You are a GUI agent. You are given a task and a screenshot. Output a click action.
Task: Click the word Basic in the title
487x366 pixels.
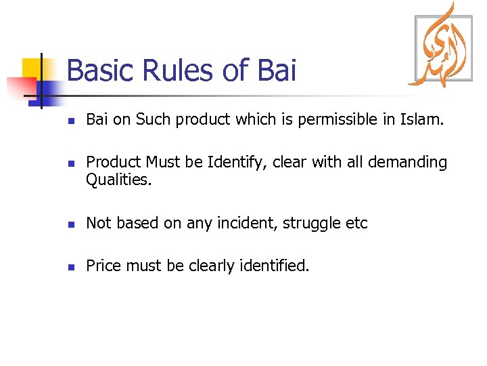point(101,70)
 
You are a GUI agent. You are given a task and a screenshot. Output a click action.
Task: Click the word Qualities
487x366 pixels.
point(117,180)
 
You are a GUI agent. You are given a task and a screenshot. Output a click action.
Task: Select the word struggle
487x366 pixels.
point(310,224)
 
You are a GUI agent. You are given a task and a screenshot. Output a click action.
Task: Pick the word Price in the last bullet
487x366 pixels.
point(103,266)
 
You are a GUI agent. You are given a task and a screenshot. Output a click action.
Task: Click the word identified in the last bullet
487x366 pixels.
point(273,266)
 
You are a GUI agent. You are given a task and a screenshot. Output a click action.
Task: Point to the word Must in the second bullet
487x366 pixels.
point(160,163)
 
